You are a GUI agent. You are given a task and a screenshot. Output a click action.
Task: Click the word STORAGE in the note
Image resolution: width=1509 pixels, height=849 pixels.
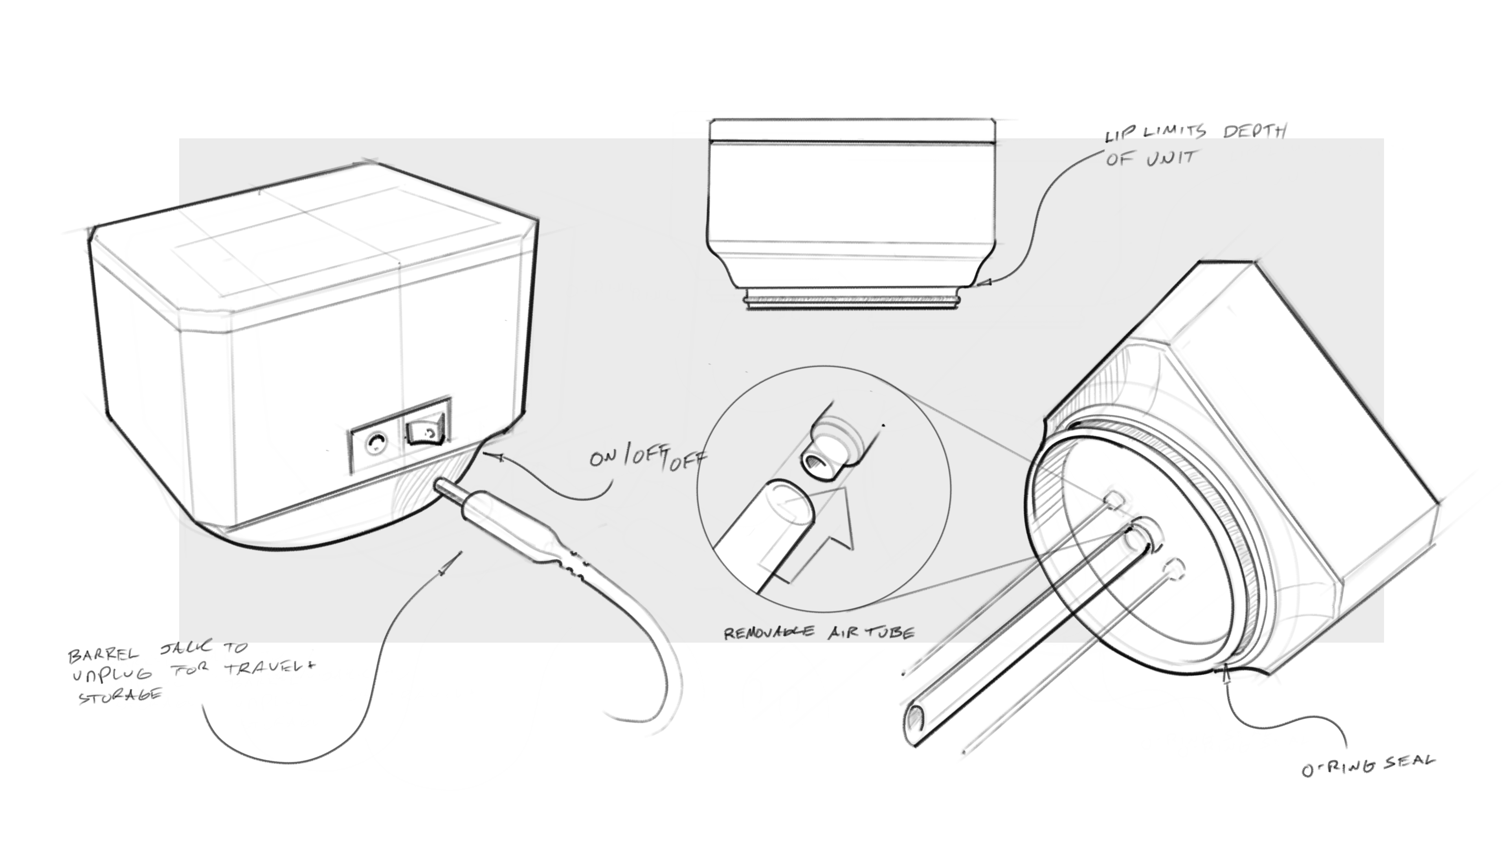click(x=121, y=696)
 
